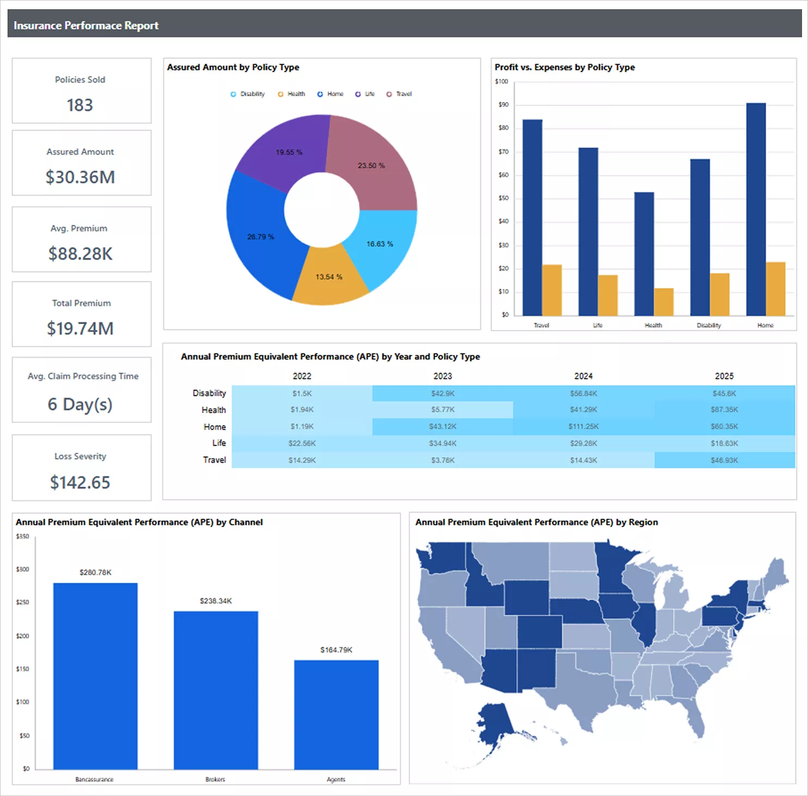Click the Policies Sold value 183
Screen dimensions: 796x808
(80, 105)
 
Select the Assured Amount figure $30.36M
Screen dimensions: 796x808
(81, 177)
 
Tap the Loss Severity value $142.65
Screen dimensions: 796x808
(80, 482)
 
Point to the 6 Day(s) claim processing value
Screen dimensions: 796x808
(80, 405)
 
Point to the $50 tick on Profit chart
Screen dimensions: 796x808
(503, 198)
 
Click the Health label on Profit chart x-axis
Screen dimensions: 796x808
(653, 326)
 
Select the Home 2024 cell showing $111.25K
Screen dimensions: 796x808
(583, 427)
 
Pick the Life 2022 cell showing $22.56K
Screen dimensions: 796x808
(302, 444)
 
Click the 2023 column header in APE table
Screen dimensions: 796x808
(442, 376)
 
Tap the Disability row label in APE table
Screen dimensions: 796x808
(209, 393)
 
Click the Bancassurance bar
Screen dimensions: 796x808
(95, 675)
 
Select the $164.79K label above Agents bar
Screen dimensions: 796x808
(336, 650)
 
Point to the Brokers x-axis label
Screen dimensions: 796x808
(215, 780)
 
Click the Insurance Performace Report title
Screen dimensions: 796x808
(86, 26)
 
